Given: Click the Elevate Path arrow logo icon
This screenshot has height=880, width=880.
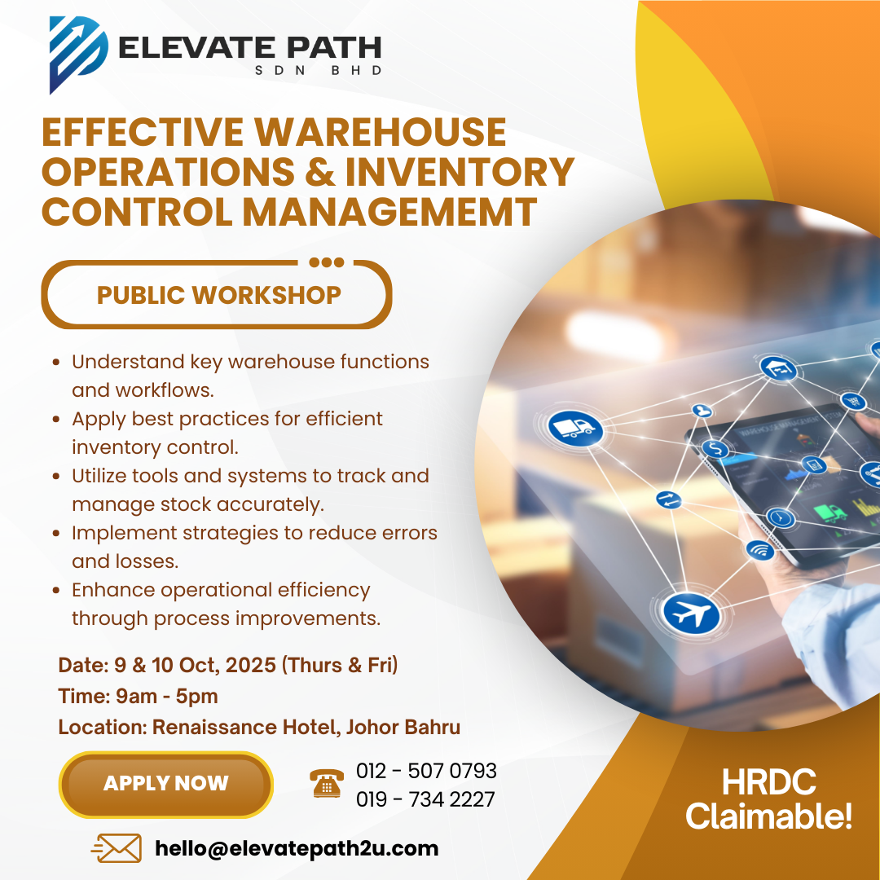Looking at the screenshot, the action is point(78,55).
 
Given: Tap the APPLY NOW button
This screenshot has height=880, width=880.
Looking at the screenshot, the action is point(166,784).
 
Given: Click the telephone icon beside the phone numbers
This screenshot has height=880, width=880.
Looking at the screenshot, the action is point(327,784).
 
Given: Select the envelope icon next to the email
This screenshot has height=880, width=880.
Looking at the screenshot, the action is point(117,848).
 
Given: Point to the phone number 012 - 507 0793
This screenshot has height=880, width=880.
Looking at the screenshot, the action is point(426,771).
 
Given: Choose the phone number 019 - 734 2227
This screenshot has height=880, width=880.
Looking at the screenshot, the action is point(425,799).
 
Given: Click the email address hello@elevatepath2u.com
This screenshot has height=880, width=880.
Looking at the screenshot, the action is point(297,848).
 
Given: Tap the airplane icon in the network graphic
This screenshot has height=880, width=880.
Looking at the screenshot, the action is point(691,612).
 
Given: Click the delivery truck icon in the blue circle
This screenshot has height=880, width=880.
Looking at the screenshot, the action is point(574,429).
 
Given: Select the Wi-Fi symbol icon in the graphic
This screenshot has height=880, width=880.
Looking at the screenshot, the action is point(760,551).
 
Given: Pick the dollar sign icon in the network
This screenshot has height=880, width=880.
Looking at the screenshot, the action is point(715,449).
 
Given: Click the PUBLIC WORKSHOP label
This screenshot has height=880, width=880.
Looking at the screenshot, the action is point(219,295).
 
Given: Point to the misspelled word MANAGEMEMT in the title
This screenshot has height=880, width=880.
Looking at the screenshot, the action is point(389,212).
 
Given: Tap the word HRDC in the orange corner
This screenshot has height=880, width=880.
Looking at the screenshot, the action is point(768,781).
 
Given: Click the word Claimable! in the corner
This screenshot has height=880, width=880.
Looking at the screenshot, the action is point(768,816).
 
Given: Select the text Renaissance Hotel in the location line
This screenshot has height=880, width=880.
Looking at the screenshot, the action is point(246,727).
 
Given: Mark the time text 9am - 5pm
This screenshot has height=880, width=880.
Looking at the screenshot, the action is point(167,696).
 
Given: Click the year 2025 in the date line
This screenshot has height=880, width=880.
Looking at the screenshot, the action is point(250,665).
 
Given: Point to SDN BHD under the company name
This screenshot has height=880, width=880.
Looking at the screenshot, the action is point(319,71).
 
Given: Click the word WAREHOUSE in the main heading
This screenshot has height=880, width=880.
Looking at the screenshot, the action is point(381,133).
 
